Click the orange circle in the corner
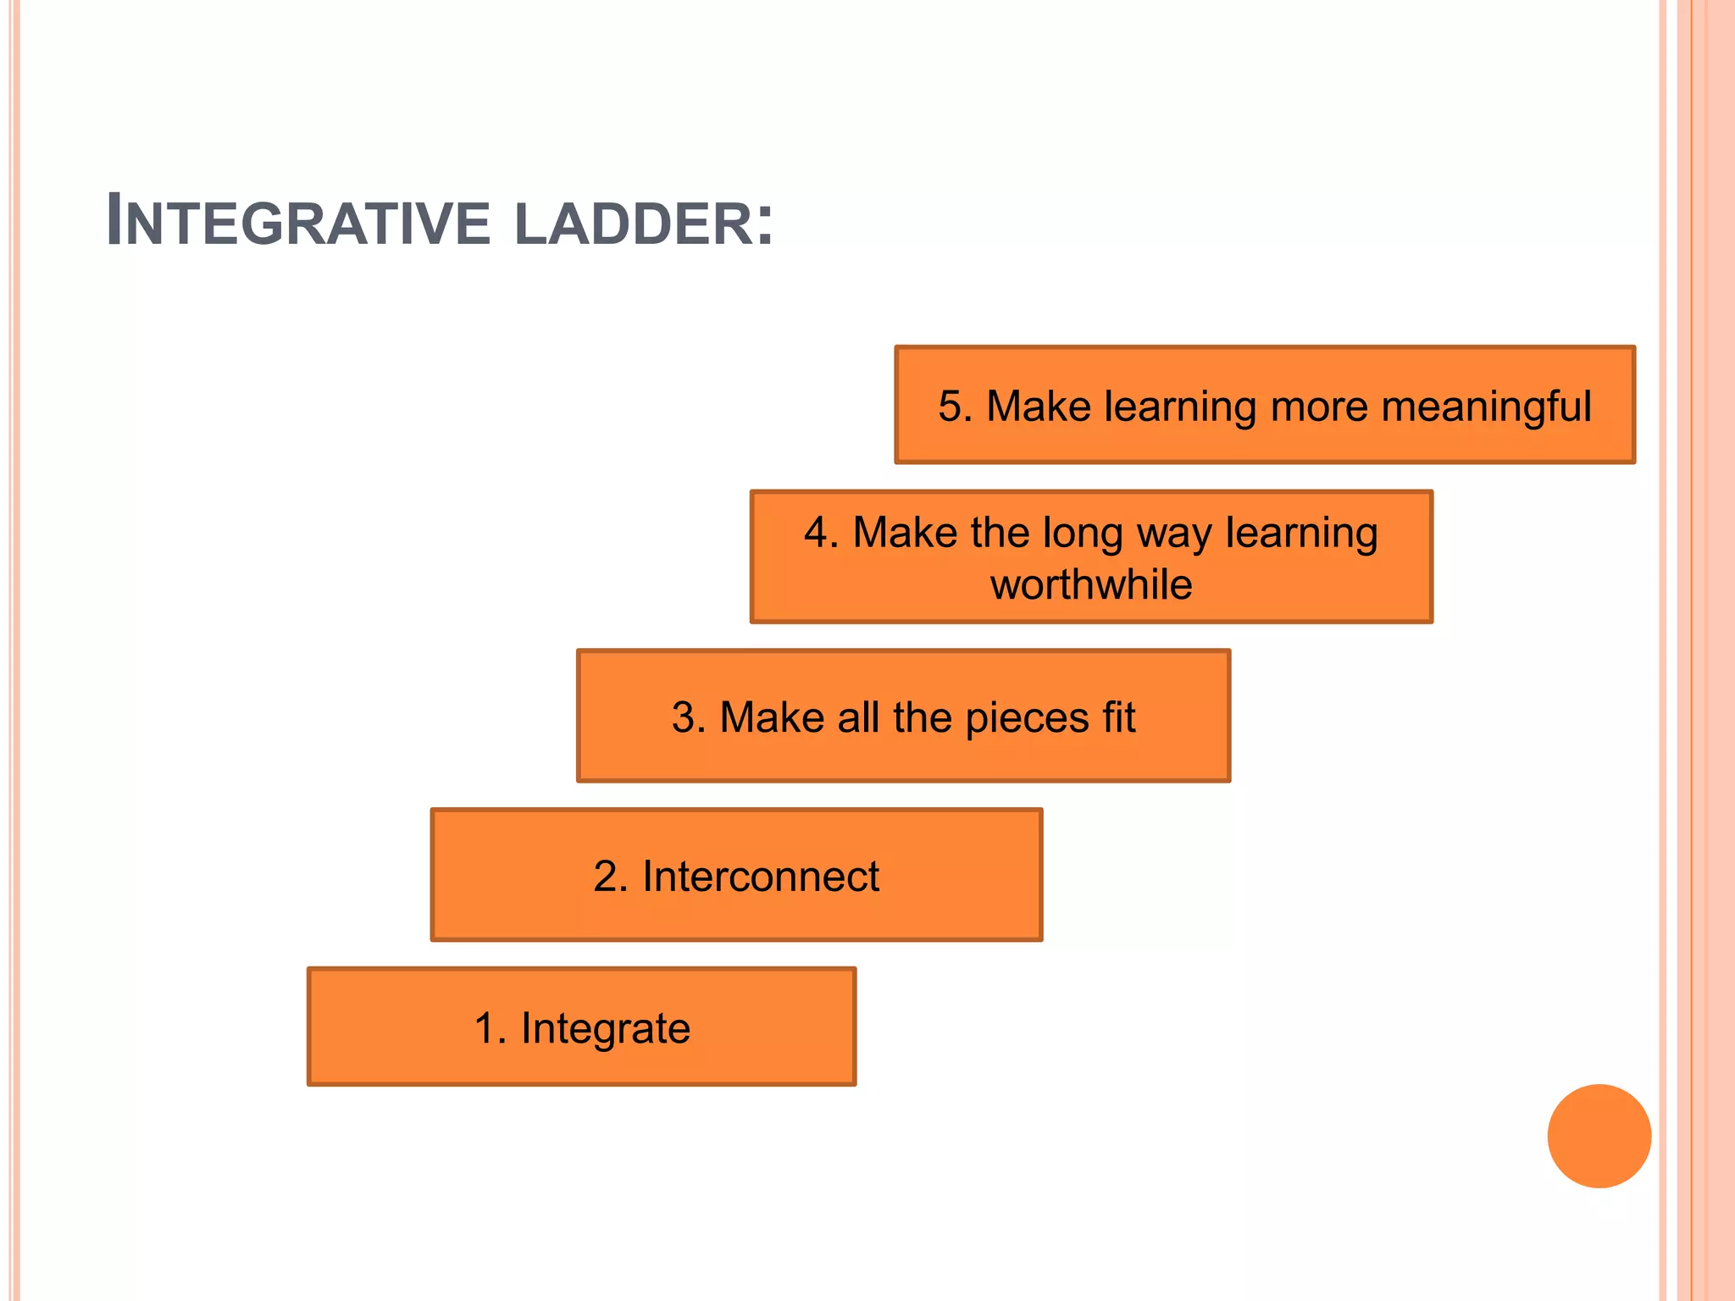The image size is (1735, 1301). coord(1599,1136)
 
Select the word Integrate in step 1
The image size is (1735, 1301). coord(605,1029)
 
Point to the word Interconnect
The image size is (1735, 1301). coord(760,876)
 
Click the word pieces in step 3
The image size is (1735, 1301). coord(1027,718)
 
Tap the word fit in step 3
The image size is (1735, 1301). coord(1118,717)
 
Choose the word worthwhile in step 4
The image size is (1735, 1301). coord(1091,584)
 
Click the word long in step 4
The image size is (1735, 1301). coord(1082,534)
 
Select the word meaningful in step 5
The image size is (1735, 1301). coord(1486,407)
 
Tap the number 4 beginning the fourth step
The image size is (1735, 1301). coord(817,534)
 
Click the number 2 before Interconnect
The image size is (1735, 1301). coord(606,877)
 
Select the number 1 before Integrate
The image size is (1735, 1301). coord(485,1029)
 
